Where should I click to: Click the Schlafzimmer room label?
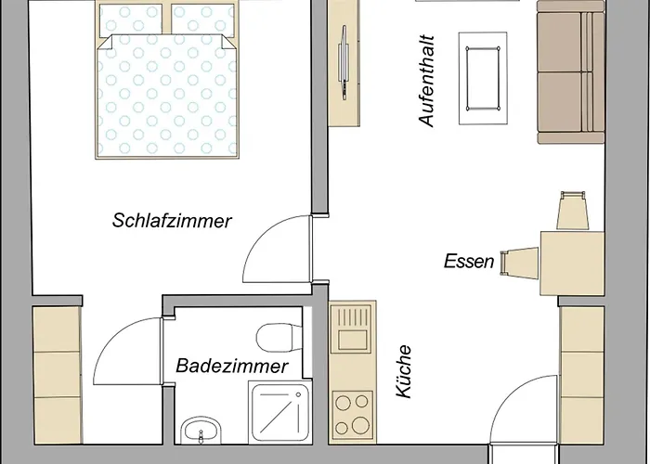click(x=172, y=221)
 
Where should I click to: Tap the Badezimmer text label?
click(x=232, y=367)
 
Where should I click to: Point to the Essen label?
click(x=469, y=261)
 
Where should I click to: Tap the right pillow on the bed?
click(x=202, y=19)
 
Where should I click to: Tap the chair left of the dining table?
click(x=515, y=264)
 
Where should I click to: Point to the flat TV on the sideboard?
click(x=345, y=61)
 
